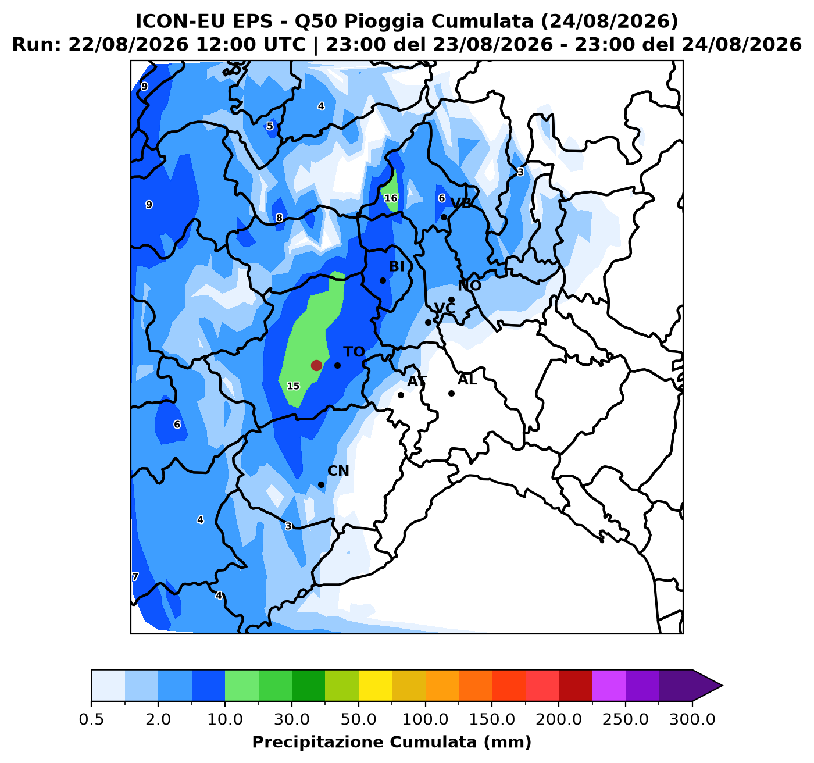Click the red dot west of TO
pyautogui.click(x=316, y=365)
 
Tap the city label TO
pyautogui.click(x=354, y=352)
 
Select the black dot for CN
pyautogui.click(x=322, y=484)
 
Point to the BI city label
pyautogui.click(x=397, y=266)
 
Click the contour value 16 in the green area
pyautogui.click(x=391, y=198)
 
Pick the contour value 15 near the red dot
pyautogui.click(x=293, y=386)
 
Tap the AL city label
pyautogui.click(x=467, y=380)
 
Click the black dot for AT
pyautogui.click(x=401, y=395)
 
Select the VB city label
pyautogui.click(x=461, y=203)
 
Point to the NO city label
pyautogui.click(x=469, y=286)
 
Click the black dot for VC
pyautogui.click(x=428, y=322)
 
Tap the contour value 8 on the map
pyautogui.click(x=279, y=218)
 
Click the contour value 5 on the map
pyautogui.click(x=270, y=126)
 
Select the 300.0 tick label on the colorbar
pyautogui.click(x=692, y=719)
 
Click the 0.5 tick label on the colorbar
pyautogui.click(x=91, y=719)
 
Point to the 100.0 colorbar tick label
pyautogui.click(x=425, y=719)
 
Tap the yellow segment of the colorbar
pyautogui.click(x=375, y=685)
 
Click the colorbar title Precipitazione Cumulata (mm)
pyautogui.click(x=391, y=741)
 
